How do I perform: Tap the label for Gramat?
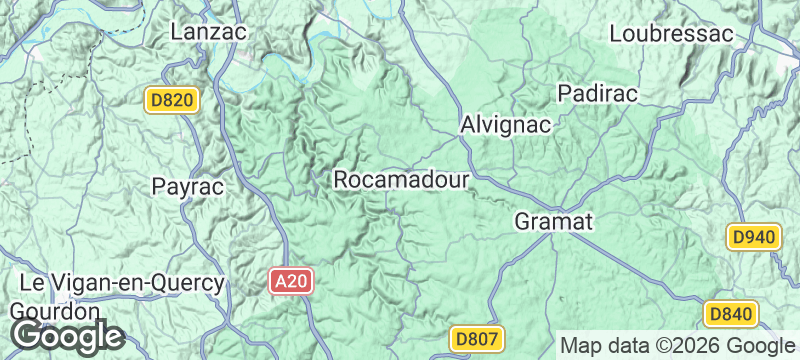point(555,221)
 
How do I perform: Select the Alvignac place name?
point(506,126)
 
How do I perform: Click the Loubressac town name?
point(671,33)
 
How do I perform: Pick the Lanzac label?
point(208,32)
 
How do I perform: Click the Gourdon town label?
point(55,310)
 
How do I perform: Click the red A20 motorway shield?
point(292,282)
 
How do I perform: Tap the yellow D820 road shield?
point(173,100)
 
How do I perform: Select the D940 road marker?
point(753,237)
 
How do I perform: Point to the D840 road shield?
point(729,314)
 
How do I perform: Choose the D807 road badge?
point(474,339)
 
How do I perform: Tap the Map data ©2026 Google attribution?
point(676,345)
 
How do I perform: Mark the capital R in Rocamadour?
point(340,180)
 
